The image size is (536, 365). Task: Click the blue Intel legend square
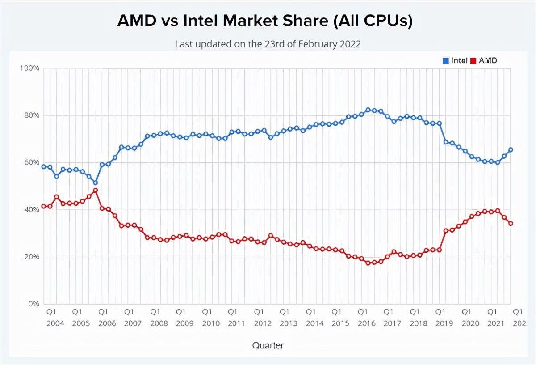(x=445, y=61)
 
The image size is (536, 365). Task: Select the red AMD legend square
(x=473, y=61)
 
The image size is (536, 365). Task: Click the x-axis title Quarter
(x=268, y=345)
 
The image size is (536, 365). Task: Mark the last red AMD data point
(x=511, y=223)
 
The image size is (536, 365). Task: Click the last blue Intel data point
(x=511, y=150)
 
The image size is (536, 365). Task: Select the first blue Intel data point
(x=44, y=166)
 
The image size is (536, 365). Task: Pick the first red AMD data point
(x=44, y=206)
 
